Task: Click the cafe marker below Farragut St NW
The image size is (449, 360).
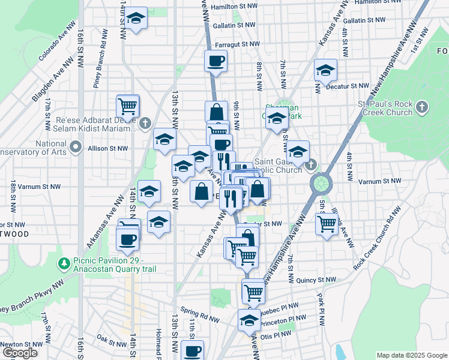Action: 216,61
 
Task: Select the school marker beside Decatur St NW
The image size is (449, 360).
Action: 325,71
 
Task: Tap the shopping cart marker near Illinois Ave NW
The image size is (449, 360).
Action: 327,224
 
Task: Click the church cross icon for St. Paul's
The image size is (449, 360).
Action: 422,108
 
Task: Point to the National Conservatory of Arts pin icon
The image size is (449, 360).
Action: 75,147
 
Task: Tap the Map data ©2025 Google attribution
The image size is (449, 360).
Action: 411,355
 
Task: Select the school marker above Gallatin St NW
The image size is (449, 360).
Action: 136,19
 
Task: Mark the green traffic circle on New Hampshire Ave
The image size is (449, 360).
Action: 321,181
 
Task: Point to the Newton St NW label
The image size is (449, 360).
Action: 22,344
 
